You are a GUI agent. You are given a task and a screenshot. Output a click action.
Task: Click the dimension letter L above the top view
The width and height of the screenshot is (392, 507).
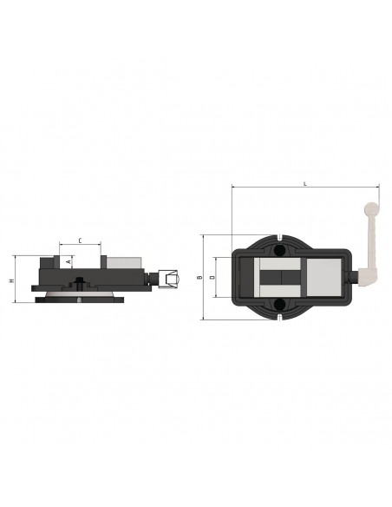tap(304, 184)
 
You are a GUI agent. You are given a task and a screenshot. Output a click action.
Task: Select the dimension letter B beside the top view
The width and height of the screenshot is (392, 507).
tap(199, 277)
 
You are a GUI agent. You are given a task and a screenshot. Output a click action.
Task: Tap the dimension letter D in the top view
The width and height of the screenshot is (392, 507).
tap(212, 277)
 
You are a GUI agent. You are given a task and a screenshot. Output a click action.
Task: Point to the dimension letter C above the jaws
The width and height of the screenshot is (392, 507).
tap(80, 240)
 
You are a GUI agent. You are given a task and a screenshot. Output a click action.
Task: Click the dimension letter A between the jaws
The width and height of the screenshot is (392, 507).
tap(69, 261)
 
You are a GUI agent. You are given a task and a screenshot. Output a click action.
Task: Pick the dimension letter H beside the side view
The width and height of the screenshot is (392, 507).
tap(12, 280)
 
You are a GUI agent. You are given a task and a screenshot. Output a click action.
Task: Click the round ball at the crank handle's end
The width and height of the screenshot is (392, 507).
tap(372, 208)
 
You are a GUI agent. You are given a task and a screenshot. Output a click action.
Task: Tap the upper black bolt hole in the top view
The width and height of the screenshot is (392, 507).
tap(279, 251)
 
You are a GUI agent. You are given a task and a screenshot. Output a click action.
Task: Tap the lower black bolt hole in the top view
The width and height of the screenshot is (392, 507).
tap(279, 304)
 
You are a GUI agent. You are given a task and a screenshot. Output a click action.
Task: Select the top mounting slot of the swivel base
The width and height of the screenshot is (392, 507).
tap(279, 237)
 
